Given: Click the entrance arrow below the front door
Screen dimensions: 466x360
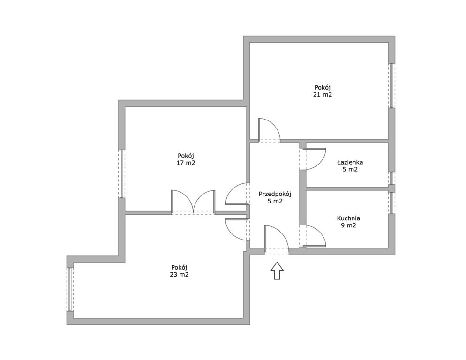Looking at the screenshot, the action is point(277,270).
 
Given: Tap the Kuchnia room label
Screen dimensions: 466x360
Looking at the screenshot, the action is point(348,218).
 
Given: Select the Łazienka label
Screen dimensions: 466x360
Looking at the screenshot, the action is point(350,162).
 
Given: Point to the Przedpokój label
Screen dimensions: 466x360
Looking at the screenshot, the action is point(275,194).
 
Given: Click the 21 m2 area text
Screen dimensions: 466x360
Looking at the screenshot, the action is point(323,95).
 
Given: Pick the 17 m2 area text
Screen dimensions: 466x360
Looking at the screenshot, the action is point(186,163).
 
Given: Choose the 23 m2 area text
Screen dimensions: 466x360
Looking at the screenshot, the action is point(179,274).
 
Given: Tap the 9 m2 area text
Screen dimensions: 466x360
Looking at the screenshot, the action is point(348,225).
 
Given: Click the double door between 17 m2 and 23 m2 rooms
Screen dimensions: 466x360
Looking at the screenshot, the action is point(193,202).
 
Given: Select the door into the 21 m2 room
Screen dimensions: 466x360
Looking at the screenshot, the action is point(269,130).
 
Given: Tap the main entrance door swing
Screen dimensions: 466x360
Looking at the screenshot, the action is point(277,240).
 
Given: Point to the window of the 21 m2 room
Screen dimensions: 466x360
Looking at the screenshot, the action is point(392,86).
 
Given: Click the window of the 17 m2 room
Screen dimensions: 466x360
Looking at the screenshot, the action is point(121,173).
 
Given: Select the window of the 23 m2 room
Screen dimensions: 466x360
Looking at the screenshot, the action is point(70,289).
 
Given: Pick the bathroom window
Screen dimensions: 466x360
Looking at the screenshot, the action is point(392,178).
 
